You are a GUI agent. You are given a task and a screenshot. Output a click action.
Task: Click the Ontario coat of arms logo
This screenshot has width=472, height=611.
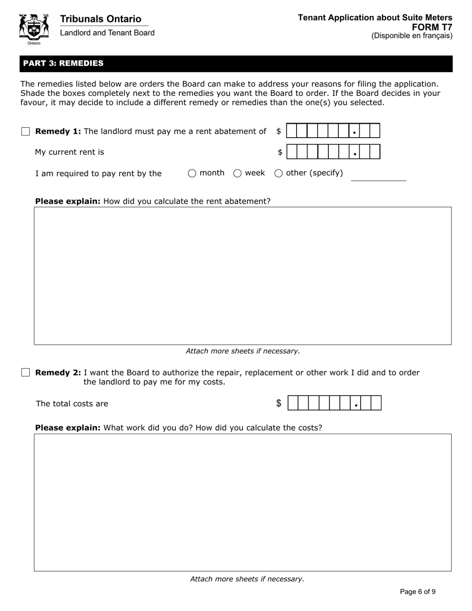(34, 29)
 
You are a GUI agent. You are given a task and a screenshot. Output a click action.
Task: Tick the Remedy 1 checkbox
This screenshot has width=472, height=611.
(26, 132)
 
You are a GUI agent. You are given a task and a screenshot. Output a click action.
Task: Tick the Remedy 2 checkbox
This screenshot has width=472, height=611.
(26, 373)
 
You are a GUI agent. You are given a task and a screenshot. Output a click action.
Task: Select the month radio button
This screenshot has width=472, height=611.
(192, 173)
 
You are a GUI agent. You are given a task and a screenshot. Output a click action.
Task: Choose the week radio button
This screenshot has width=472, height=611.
(237, 173)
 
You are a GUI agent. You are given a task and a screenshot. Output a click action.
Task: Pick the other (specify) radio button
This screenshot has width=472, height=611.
(279, 173)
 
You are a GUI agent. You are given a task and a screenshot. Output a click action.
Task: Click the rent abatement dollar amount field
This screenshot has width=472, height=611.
(333, 131)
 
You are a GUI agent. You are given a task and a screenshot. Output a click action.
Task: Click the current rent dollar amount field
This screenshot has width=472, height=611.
(333, 152)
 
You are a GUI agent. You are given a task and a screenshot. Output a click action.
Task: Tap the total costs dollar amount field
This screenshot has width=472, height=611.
(334, 403)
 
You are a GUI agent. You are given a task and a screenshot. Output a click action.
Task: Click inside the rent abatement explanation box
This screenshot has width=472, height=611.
(242, 276)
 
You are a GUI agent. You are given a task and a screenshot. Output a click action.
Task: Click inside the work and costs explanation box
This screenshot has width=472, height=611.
(242, 502)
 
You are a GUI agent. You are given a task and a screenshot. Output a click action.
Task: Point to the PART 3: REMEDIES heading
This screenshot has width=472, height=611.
(63, 64)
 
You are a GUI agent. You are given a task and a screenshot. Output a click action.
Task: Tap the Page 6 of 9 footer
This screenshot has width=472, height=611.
(418, 592)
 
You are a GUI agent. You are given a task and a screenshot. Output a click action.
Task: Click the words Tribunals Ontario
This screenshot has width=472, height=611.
(100, 19)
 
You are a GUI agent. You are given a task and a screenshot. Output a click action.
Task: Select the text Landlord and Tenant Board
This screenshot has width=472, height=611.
(107, 33)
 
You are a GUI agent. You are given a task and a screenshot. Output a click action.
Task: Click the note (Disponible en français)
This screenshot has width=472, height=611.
(412, 36)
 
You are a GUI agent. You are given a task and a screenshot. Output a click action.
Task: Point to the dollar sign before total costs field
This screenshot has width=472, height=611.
(279, 403)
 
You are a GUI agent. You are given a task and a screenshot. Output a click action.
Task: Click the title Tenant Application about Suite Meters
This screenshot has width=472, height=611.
(375, 18)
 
